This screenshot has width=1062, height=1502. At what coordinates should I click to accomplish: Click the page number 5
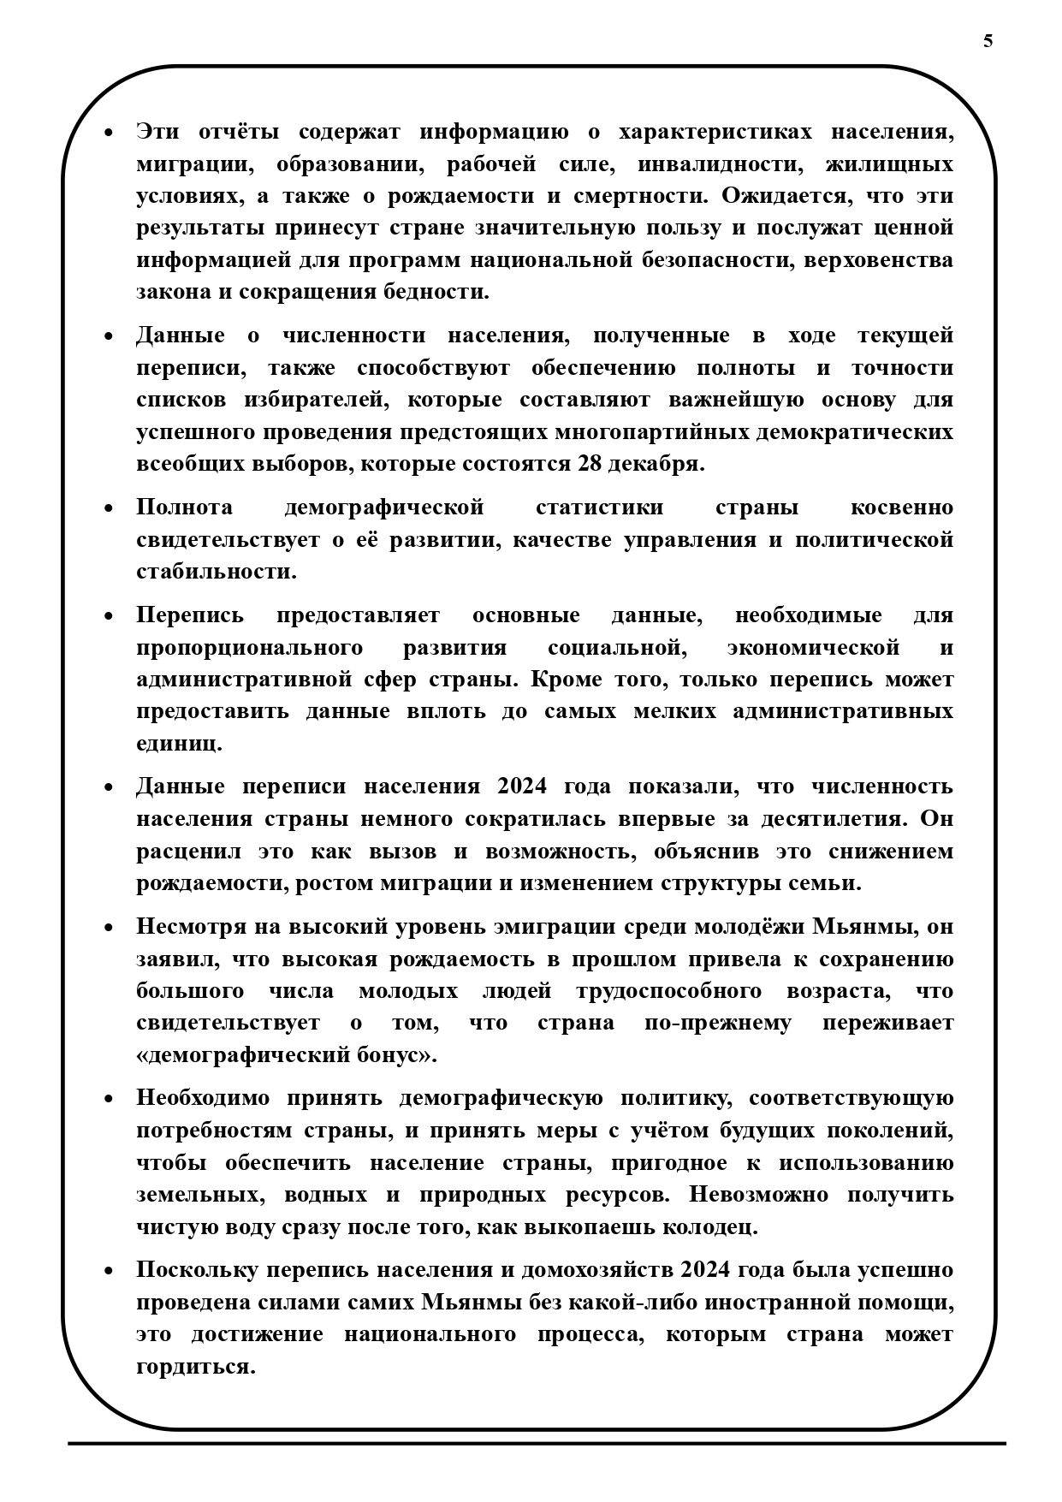pos(988,41)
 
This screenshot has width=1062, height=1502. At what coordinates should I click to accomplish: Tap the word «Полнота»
pos(184,507)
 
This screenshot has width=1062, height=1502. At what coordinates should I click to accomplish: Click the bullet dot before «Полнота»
pos(108,508)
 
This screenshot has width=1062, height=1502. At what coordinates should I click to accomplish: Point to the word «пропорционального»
pos(249,647)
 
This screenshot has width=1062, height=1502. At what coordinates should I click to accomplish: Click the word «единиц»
pos(179,743)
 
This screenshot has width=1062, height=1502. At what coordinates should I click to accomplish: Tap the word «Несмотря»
pos(193,927)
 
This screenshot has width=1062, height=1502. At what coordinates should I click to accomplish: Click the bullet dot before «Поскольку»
pos(108,1271)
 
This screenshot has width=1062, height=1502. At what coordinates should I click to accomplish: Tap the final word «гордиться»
pos(196,1366)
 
